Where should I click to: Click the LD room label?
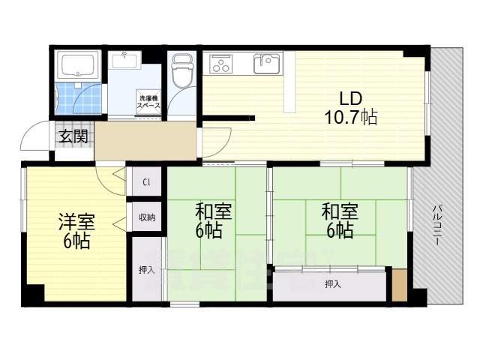click(352, 98)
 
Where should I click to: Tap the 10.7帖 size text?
click(352, 117)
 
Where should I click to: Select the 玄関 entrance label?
click(73, 136)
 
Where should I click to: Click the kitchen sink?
click(265, 63)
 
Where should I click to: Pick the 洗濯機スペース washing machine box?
click(147, 103)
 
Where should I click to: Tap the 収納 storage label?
click(146, 217)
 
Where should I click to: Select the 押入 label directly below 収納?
click(146, 269)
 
